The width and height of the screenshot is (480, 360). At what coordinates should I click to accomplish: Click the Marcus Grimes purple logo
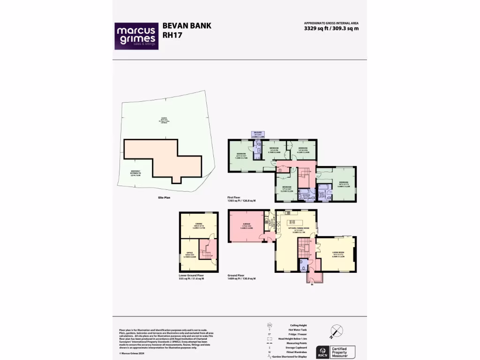tap(137, 36)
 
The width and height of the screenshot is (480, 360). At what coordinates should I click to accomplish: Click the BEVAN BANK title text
tap(187, 26)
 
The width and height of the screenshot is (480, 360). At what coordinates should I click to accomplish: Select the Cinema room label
tap(199, 225)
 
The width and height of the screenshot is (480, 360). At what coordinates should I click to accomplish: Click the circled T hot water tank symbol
tap(279, 170)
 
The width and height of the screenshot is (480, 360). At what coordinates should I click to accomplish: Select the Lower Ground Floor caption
tap(191, 276)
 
